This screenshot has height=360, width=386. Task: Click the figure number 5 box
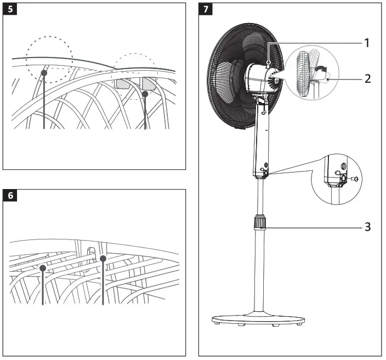[x=10, y=10]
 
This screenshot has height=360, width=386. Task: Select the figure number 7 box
[x=205, y=10]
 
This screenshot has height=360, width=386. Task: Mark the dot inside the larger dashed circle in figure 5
[x=44, y=72]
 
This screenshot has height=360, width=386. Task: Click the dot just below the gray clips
[x=145, y=94]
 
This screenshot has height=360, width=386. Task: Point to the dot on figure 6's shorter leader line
[x=42, y=268]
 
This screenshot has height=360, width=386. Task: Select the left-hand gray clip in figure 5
[x=122, y=83]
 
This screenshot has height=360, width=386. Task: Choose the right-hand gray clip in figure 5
[x=149, y=83]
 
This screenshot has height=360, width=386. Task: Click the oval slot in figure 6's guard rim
[x=91, y=253]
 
